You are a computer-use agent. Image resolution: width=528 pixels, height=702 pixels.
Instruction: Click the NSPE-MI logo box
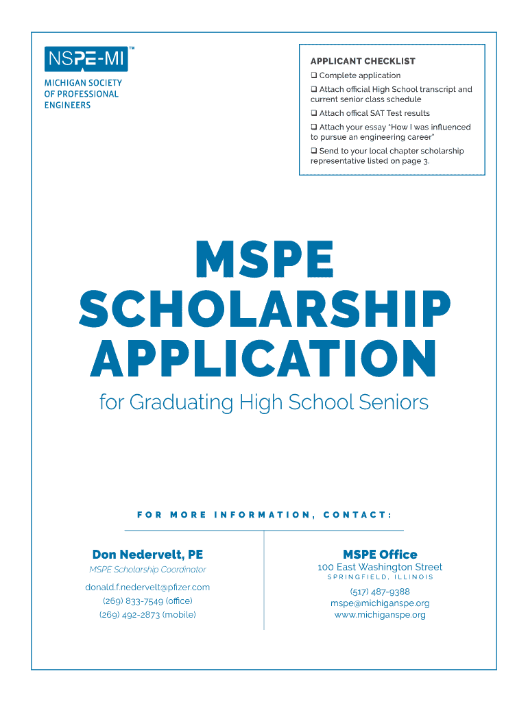85,60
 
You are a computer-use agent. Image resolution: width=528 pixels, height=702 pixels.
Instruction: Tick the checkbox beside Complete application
313,75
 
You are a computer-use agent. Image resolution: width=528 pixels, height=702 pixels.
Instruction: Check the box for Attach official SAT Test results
313,113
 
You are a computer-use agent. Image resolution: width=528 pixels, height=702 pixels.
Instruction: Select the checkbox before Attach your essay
313,127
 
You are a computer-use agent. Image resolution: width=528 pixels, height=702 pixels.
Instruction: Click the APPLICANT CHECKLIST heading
363,61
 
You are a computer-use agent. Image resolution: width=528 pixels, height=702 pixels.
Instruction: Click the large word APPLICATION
264,359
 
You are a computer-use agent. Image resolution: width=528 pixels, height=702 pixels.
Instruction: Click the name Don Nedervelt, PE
147,555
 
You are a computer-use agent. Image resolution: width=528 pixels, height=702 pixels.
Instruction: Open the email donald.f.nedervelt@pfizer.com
147,587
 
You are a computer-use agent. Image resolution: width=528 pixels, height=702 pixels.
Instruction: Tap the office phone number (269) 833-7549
147,601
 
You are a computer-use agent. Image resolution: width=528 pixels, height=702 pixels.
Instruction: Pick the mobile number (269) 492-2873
147,614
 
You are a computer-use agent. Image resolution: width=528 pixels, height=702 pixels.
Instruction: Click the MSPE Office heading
380,555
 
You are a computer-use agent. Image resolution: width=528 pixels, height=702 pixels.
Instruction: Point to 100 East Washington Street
380,567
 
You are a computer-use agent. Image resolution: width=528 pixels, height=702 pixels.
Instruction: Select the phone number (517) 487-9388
380,592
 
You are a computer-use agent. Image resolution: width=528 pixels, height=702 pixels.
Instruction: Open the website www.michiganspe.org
380,615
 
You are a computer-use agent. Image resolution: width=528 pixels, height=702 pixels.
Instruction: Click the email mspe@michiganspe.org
380,603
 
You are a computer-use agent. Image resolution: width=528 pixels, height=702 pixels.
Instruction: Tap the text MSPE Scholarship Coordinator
147,570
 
